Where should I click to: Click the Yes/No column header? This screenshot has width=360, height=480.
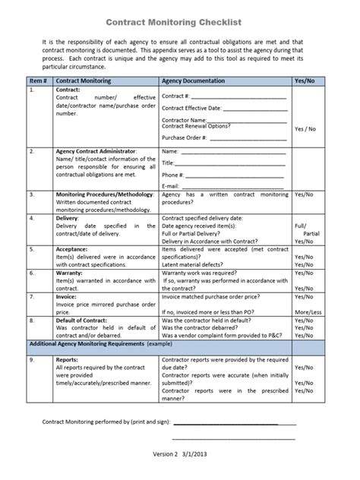click(305, 80)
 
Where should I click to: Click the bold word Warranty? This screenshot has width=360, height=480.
click(70, 271)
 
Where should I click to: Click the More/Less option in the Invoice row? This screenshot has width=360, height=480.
click(307, 312)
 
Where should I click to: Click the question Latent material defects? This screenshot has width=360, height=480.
click(196, 263)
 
